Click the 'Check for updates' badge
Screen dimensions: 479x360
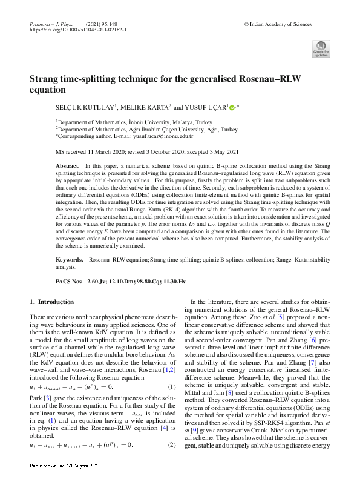click(x=321, y=49)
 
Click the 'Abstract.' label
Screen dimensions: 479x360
click(x=68, y=165)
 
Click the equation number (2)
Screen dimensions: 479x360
click(x=171, y=445)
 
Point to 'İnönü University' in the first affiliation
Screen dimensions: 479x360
click(x=144, y=122)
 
